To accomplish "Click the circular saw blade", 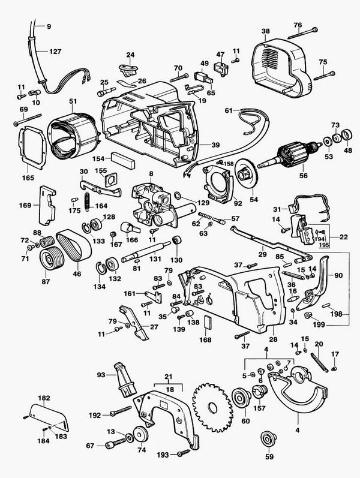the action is (x=213, y=408).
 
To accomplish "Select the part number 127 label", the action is (x=55, y=51).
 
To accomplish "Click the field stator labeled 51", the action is (x=74, y=136).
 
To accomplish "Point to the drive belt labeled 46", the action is (x=74, y=245).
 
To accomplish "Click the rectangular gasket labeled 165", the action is (x=32, y=147).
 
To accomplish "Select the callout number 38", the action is (x=266, y=31).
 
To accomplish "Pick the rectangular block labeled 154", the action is (x=122, y=160).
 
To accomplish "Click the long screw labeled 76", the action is (x=302, y=33).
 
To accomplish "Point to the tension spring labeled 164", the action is (x=87, y=201).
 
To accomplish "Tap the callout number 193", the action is (x=163, y=455).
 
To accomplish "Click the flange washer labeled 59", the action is (x=269, y=440).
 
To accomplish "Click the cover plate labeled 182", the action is (x=49, y=417).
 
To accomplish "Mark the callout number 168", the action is (x=205, y=339).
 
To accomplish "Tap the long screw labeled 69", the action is (x=28, y=119).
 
